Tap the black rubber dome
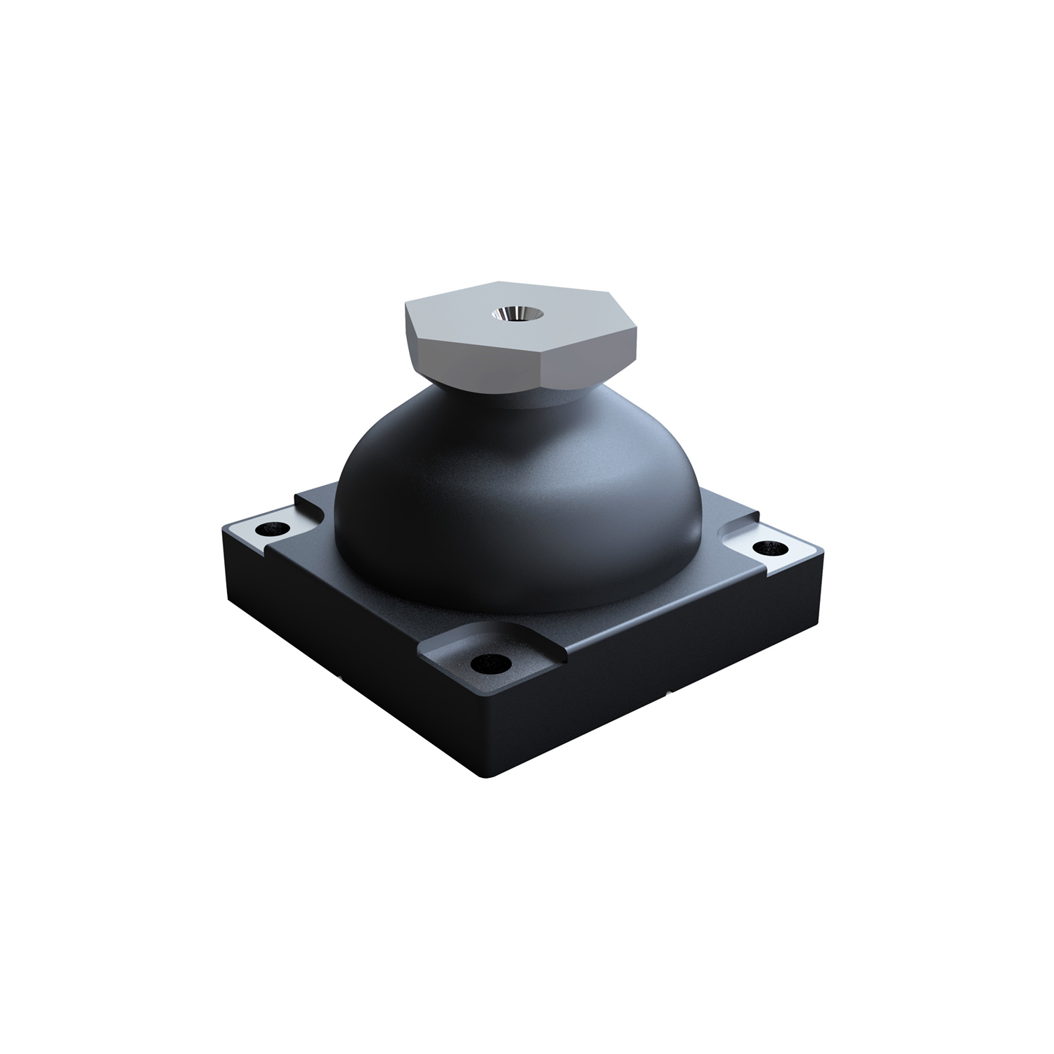click(x=506, y=492)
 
